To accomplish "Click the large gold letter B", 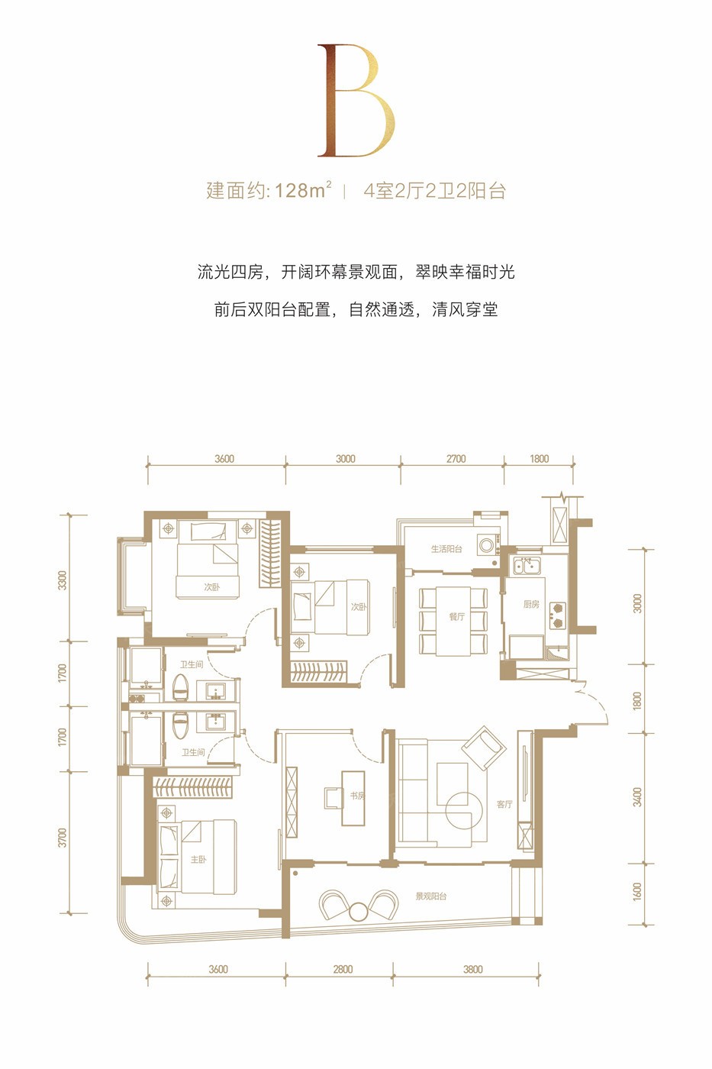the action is coord(356,100).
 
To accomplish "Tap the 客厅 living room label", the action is coord(504,804).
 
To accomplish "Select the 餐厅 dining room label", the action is coord(456,616).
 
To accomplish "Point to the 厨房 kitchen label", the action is coord(531,604).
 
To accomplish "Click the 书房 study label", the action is coord(357,796).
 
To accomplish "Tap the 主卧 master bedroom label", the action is coord(198,859).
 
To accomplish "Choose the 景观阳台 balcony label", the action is coord(430,896).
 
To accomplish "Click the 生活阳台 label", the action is coord(446,548).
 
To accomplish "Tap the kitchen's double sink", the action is coord(525,566).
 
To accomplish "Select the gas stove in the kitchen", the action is coord(556,615).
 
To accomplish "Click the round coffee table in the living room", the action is coord(464,810).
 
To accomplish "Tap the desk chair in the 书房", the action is coord(333,797).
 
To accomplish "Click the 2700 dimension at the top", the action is coord(456,459).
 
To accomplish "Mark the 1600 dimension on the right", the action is coord(637,892).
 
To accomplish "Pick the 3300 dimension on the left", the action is coord(63,580).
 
